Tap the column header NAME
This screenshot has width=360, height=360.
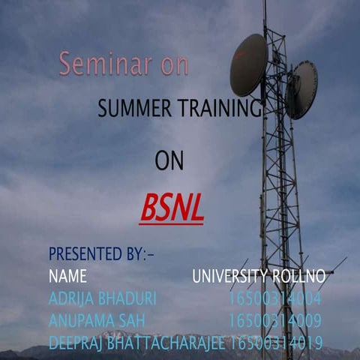pos(67,276)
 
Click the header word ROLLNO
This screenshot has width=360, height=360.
pos(300,276)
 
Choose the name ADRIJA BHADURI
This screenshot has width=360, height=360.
pos(102,299)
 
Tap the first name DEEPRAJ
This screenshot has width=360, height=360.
pos(75,343)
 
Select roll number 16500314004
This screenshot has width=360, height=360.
pos(275,299)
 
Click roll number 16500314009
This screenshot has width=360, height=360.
pos(275,322)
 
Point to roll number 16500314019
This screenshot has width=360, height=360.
pos(277,343)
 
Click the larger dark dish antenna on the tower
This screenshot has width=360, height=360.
pos(247,64)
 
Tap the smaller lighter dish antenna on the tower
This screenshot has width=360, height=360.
pos(301,89)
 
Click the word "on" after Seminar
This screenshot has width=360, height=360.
pos(174,65)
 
